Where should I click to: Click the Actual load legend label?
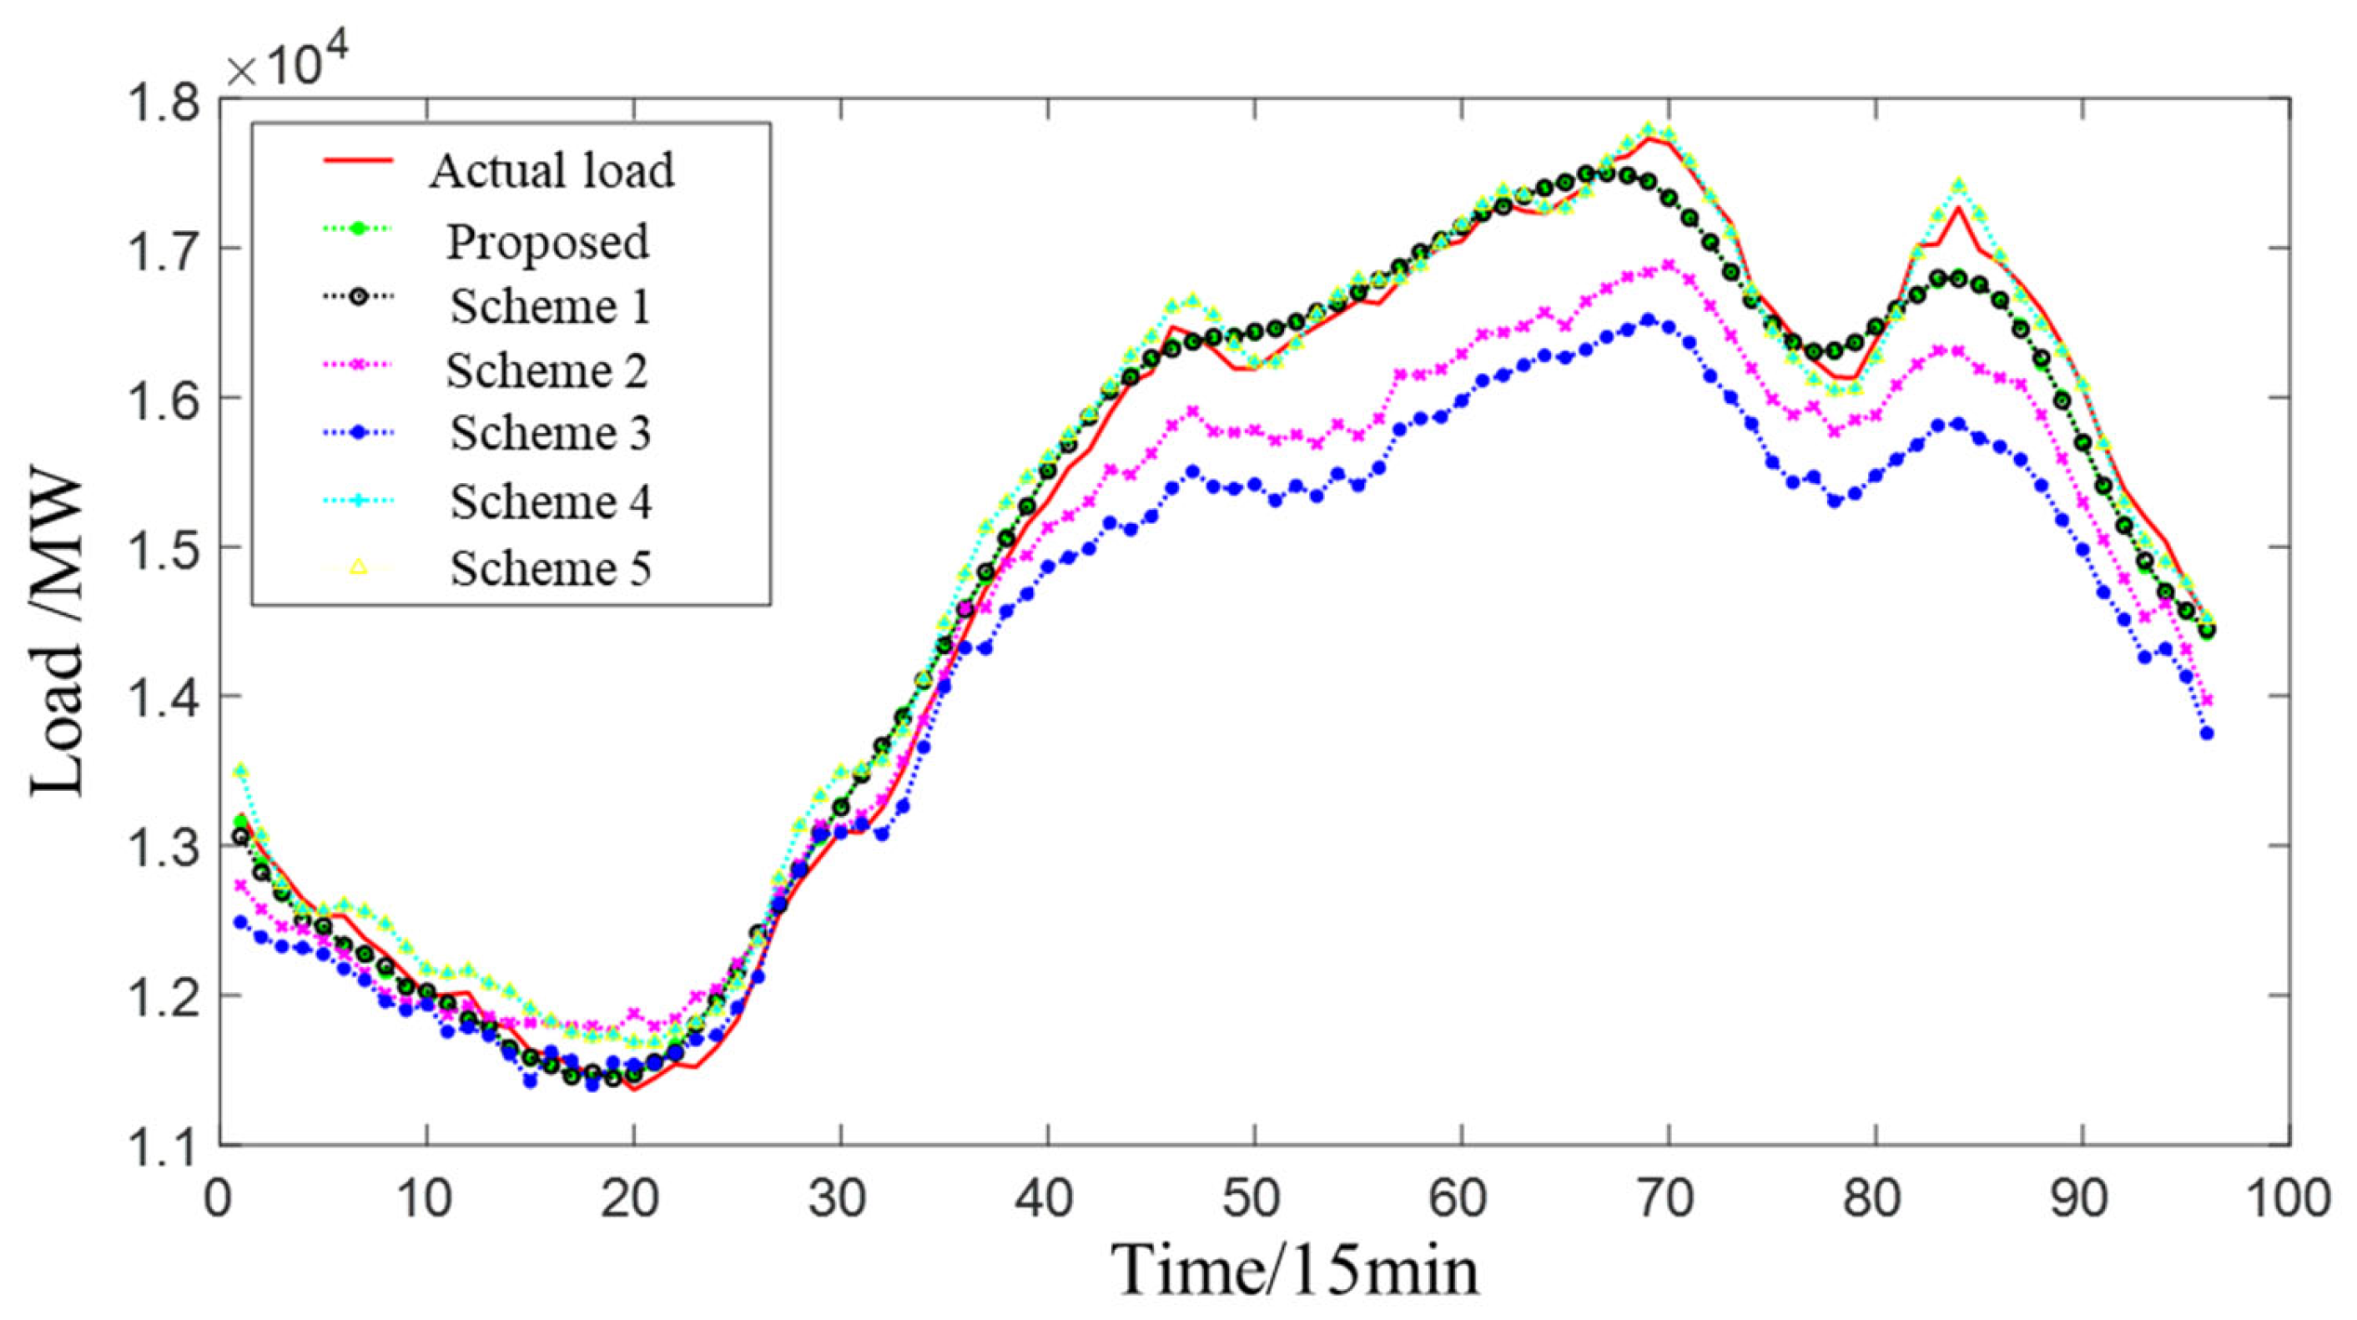coord(551,171)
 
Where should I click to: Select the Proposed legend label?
coord(547,241)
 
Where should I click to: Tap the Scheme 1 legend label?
coord(550,305)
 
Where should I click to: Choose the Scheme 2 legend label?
coord(547,370)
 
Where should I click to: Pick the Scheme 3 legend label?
coord(550,433)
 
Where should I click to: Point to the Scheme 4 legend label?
coord(550,501)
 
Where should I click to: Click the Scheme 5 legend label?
coord(550,568)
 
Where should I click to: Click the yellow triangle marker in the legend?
coord(358,567)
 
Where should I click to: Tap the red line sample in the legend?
coord(358,161)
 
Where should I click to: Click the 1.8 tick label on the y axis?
coord(163,98)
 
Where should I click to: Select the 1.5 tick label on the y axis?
coord(163,547)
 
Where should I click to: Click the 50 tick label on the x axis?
coord(1252,1197)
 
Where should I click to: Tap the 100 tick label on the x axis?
coord(2288,1197)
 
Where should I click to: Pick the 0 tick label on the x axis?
coord(218,1197)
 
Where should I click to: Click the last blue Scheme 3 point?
coord(2207,733)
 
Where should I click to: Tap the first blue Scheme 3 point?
coord(240,922)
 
